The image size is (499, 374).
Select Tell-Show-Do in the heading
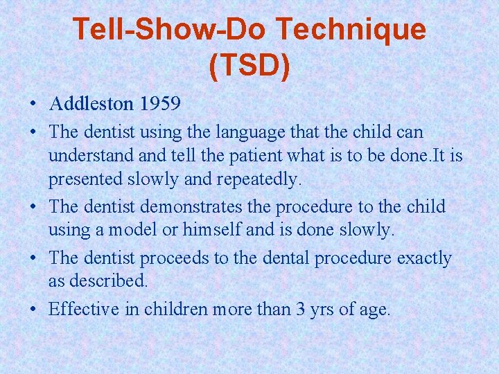pyautogui.click(x=170, y=29)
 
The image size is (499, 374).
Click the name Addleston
pyautogui.click(x=91, y=105)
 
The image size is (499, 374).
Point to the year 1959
pyautogui.click(x=160, y=105)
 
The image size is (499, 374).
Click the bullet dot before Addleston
pyautogui.click(x=33, y=105)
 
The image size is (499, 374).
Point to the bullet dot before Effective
pyautogui.click(x=33, y=309)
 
